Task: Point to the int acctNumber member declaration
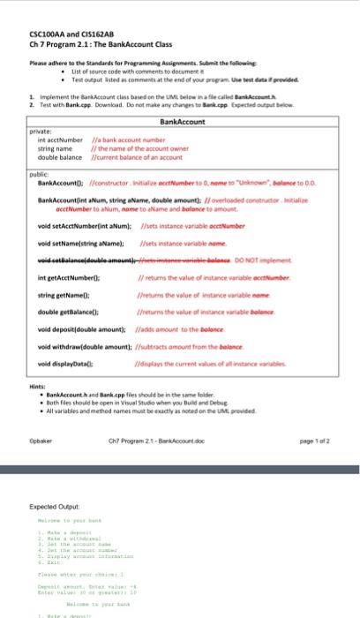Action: click(x=59, y=139)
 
